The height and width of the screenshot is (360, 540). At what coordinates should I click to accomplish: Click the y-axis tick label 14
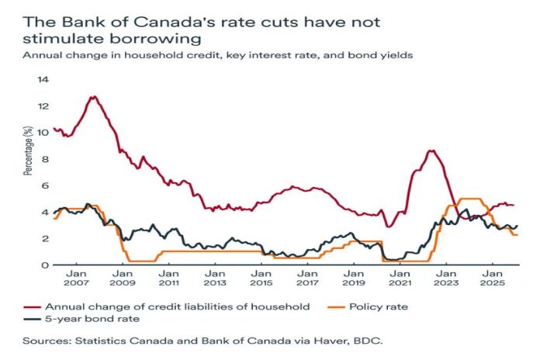(43, 79)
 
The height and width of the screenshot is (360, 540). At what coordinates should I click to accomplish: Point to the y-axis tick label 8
(44, 159)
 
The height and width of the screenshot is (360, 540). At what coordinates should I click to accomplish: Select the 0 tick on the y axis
(44, 265)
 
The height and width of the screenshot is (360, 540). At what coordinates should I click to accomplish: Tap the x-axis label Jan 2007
(77, 279)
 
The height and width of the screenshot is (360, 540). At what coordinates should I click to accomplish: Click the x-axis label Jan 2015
(261, 279)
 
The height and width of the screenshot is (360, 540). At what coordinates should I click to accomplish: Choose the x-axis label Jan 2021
(399, 279)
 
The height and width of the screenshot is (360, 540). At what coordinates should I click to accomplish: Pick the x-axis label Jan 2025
(491, 279)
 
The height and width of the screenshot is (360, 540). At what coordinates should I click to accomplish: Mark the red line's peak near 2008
(93, 97)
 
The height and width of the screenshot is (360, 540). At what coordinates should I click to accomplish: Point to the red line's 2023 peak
(431, 151)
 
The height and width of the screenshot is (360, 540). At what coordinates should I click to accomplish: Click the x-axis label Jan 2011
(168, 279)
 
